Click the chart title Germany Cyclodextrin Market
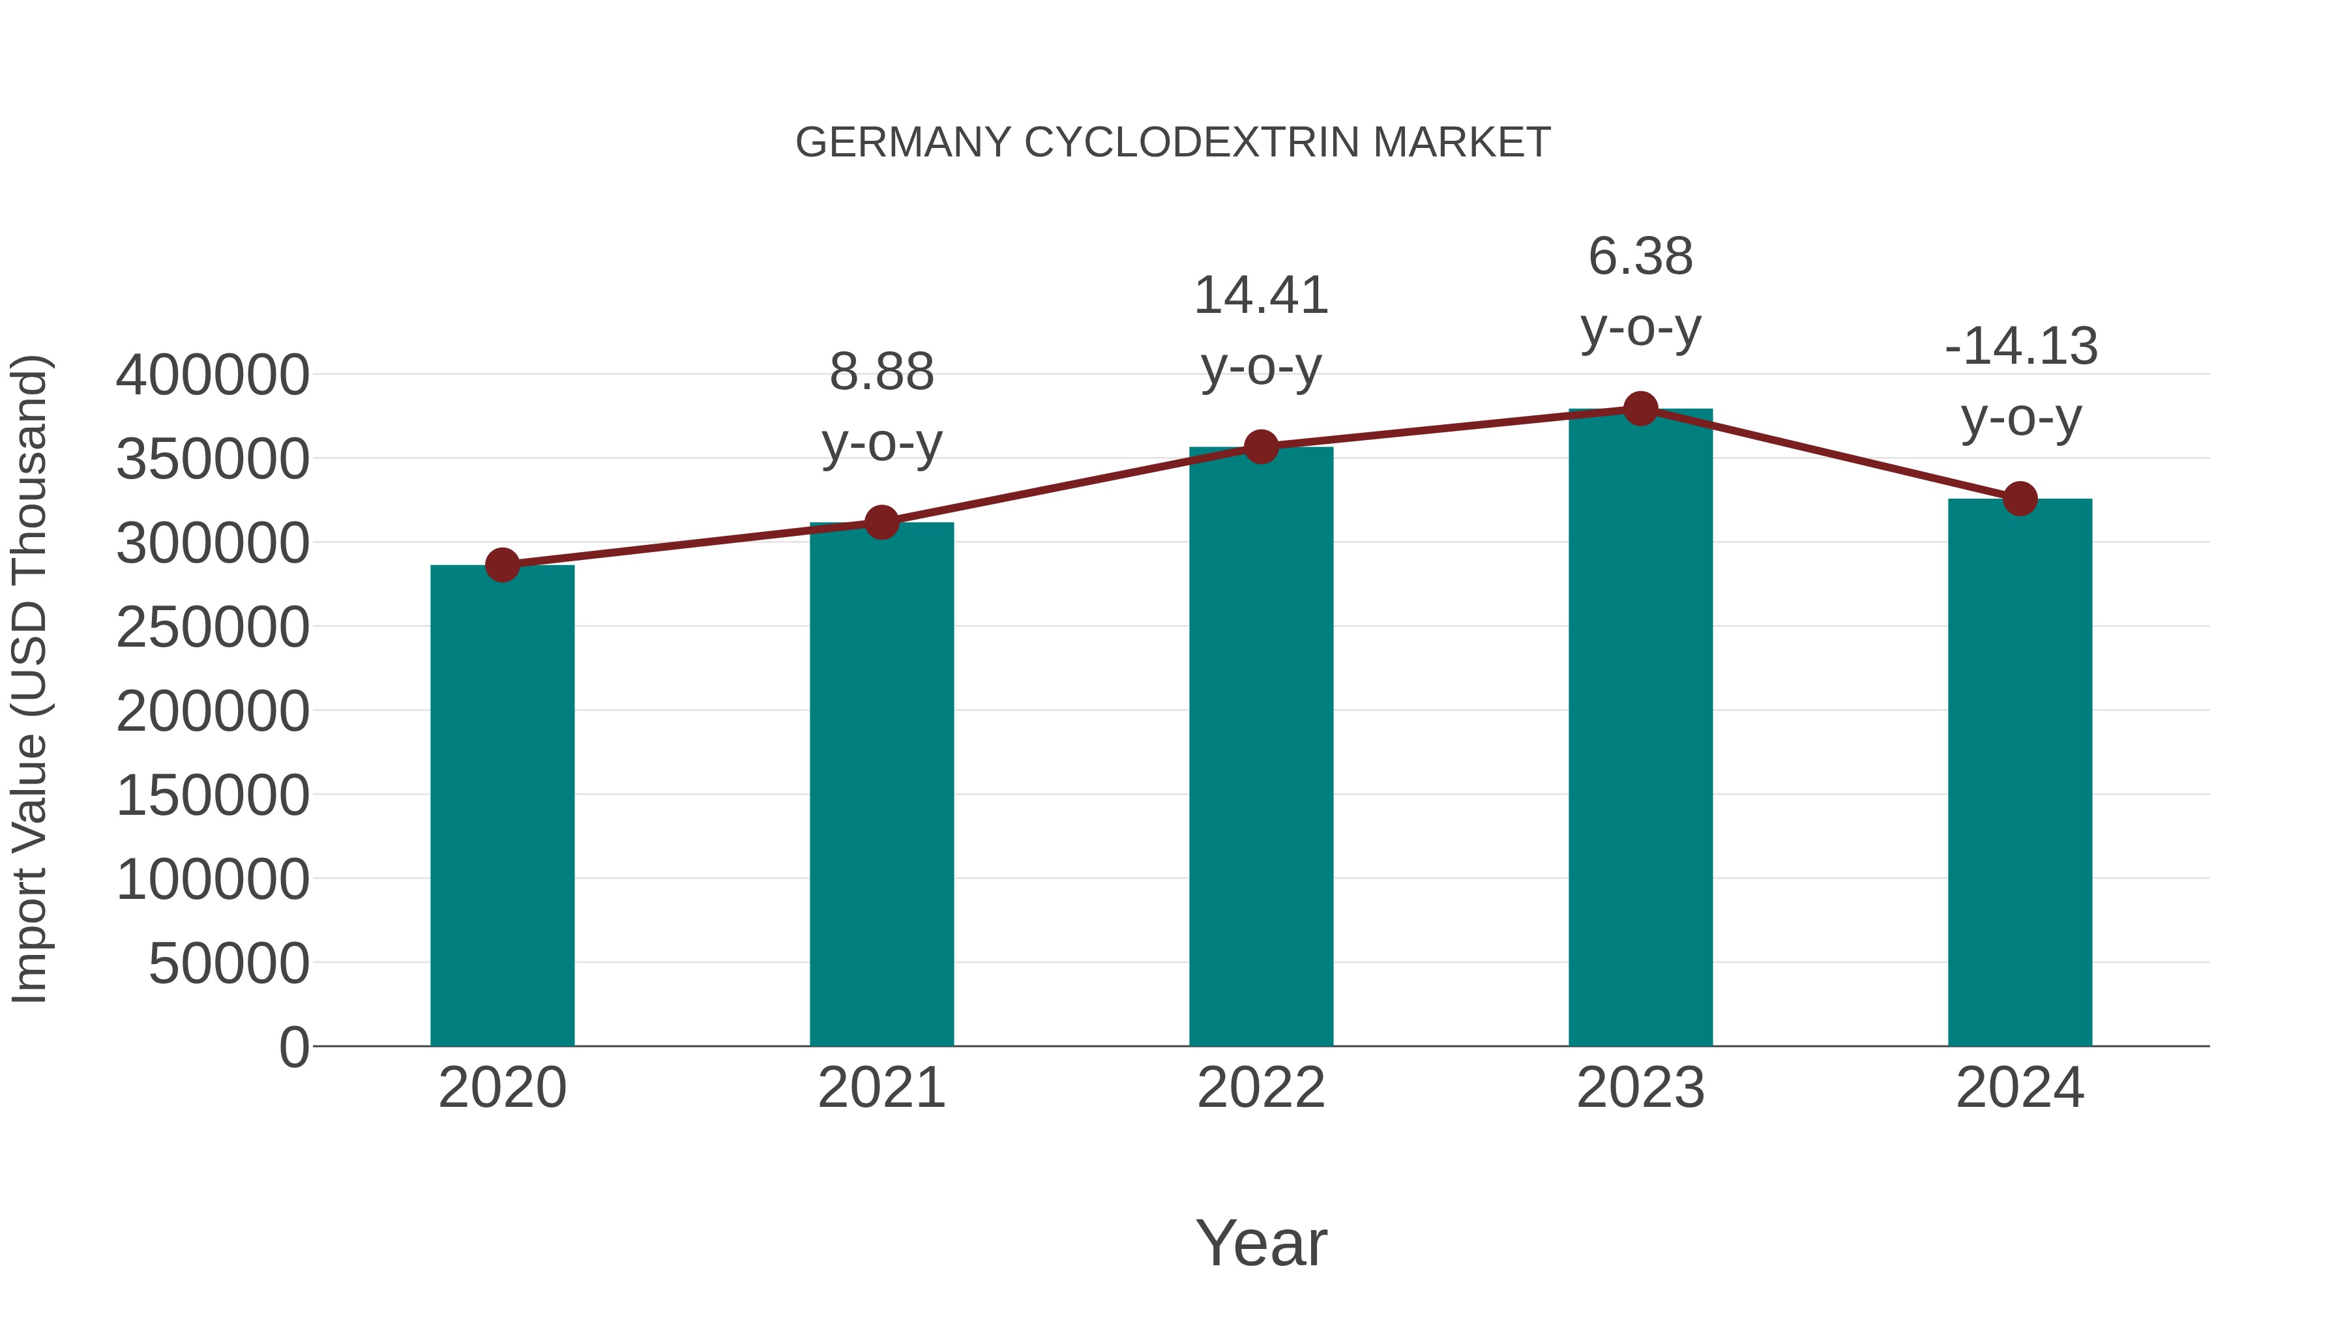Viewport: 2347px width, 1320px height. pyautogui.click(x=1173, y=143)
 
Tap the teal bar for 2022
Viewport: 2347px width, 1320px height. pyautogui.click(x=1261, y=746)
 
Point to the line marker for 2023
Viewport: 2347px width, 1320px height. pyautogui.click(x=1640, y=409)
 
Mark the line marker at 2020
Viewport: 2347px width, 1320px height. pyautogui.click(x=502, y=566)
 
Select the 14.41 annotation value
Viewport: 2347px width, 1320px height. pyautogui.click(x=1261, y=295)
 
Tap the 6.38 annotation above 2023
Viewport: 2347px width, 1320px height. pyautogui.click(x=1640, y=256)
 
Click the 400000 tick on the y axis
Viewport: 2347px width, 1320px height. pyautogui.click(x=213, y=375)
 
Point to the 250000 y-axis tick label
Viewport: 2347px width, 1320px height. pyautogui.click(x=213, y=628)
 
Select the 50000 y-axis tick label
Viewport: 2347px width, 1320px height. pyautogui.click(x=229, y=964)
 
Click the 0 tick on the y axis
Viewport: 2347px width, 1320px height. pyautogui.click(x=294, y=1048)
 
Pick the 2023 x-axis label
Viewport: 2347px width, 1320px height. pyautogui.click(x=1640, y=1088)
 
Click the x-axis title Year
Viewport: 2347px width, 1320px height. pyautogui.click(x=1261, y=1242)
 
